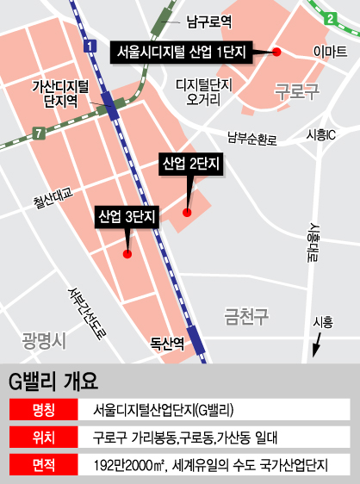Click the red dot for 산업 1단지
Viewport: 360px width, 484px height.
(277, 53)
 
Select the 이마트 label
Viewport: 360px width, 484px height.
(330, 52)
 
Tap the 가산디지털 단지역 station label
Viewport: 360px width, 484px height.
(60, 94)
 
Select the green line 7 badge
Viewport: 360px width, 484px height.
(38, 133)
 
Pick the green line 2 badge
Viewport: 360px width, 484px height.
(329, 19)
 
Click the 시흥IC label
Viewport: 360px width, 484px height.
(320, 135)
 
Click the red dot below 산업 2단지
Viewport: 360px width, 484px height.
(187, 208)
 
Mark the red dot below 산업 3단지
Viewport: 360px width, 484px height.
(127, 253)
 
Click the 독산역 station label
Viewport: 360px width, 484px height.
(168, 343)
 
